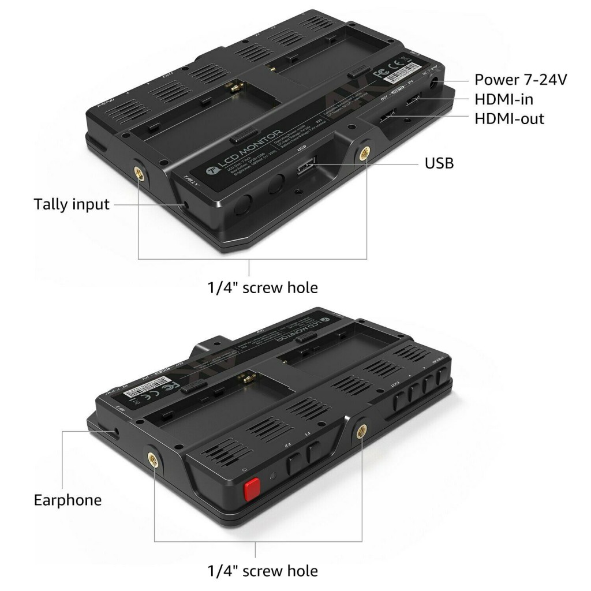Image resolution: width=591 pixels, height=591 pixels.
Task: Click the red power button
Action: tap(251, 490)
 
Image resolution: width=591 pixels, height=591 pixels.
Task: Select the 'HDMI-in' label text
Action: tap(503, 99)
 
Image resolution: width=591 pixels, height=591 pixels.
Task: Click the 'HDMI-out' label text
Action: tap(509, 119)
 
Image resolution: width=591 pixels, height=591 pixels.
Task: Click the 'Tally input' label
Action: tap(71, 204)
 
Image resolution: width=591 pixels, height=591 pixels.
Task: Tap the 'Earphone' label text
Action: tap(68, 499)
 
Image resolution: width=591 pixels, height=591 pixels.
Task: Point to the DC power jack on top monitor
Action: tap(433, 85)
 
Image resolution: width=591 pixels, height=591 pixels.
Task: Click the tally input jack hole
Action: tap(184, 205)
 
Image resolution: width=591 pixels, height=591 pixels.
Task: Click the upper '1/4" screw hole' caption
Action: tap(263, 286)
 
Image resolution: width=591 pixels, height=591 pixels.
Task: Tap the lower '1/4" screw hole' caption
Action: tap(263, 571)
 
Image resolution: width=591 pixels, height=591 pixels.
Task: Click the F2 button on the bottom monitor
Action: tap(293, 462)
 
